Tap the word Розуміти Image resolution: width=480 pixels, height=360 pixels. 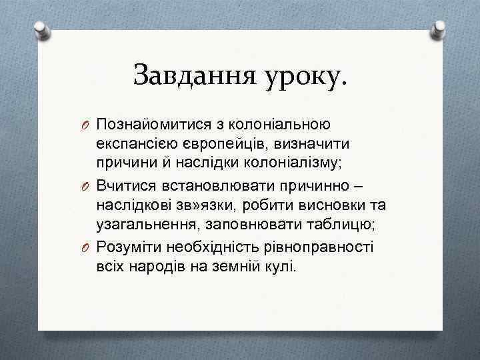point(128,247)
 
